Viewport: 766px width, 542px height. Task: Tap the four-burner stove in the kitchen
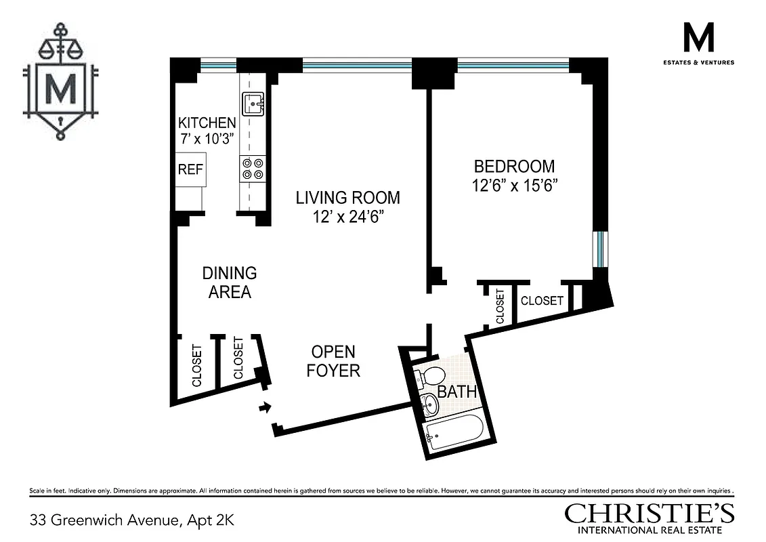253,169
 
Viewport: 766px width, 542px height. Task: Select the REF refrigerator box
190,169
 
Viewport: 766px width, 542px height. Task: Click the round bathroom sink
430,404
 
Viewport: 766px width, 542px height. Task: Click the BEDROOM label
514,167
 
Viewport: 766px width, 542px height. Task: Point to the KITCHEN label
207,123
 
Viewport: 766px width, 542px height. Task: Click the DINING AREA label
230,283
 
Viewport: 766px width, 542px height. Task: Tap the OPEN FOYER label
333,361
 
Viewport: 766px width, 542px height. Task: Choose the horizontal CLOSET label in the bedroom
542,300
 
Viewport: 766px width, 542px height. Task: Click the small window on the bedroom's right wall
600,249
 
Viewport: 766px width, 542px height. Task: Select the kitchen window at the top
218,66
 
